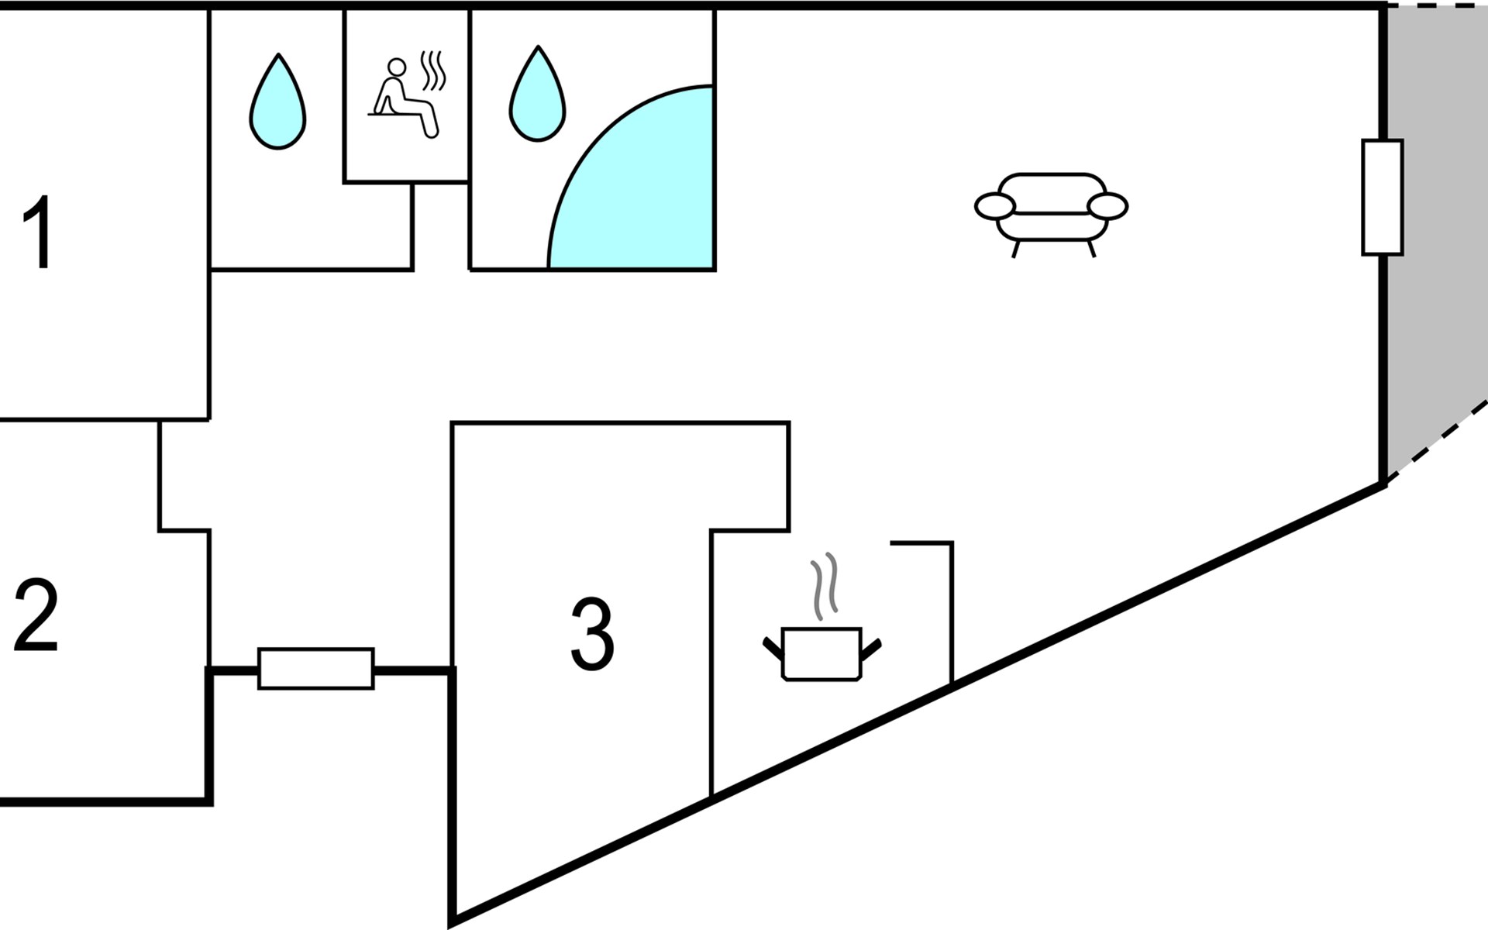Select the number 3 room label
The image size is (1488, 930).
(592, 634)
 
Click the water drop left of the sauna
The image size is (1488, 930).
(277, 103)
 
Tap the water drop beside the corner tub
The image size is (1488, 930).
(537, 96)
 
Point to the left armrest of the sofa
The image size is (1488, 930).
(995, 207)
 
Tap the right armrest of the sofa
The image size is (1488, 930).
(1107, 207)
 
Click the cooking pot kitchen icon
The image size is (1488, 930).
(821, 653)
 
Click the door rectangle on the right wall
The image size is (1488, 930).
(1382, 198)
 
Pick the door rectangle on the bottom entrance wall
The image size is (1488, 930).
(316, 668)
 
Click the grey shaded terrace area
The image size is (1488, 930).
(1434, 232)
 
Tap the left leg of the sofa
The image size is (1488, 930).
(1015, 249)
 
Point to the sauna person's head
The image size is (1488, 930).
(397, 67)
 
